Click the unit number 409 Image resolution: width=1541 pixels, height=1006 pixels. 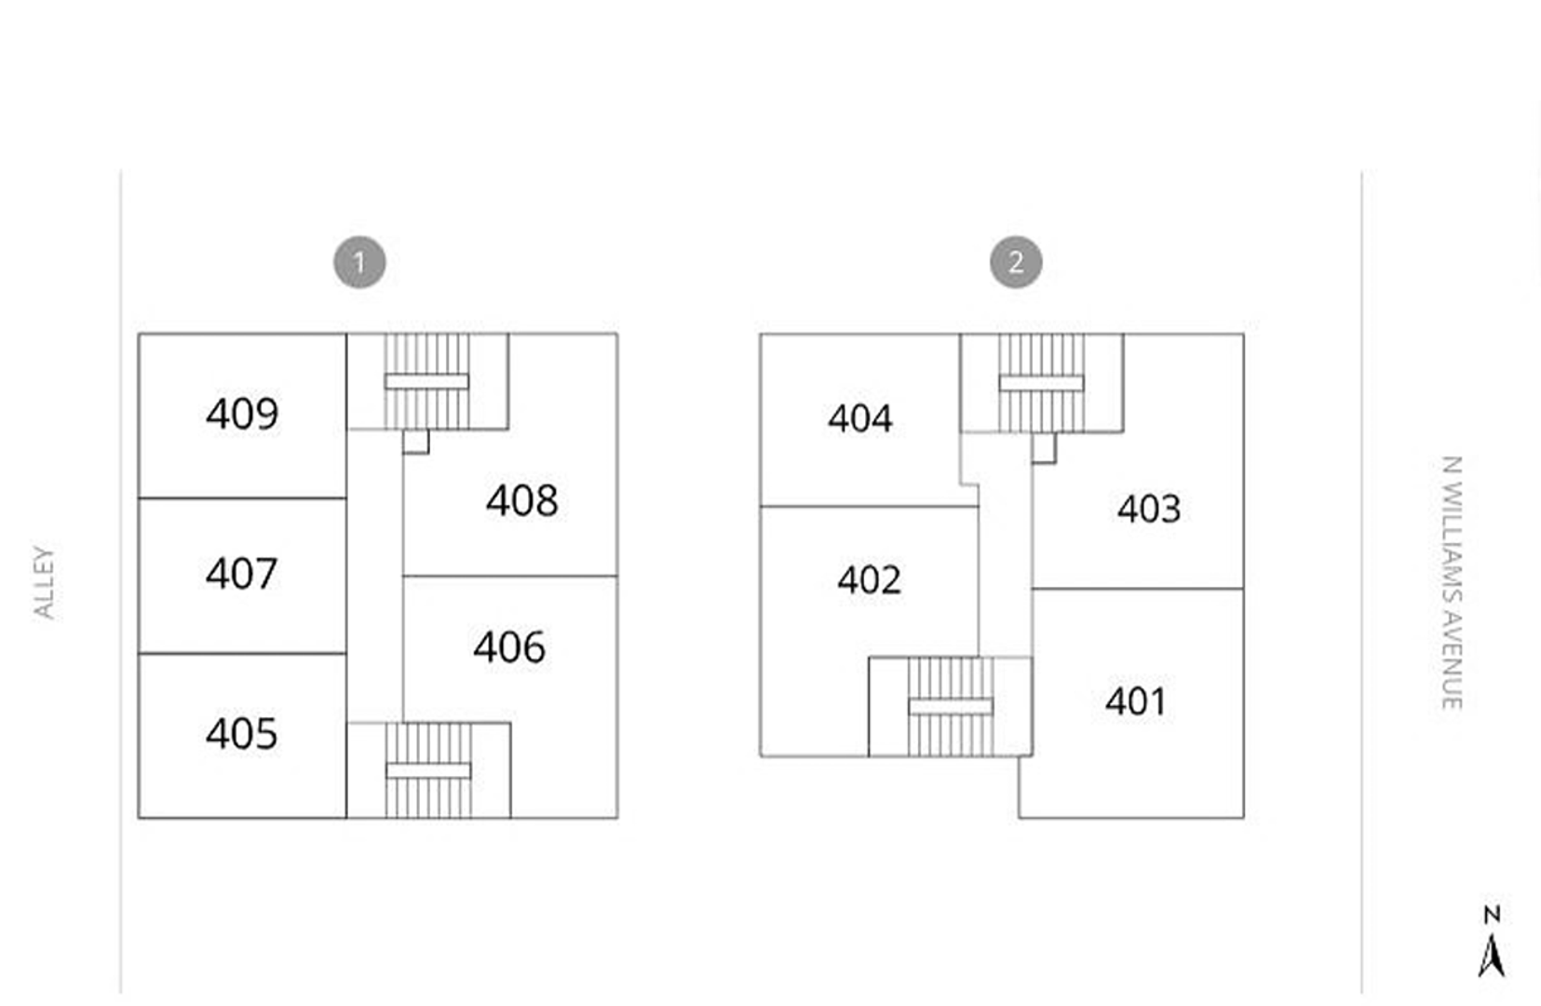[242, 414]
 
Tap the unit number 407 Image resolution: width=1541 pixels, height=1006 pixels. [241, 573]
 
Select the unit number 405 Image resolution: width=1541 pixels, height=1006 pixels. [241, 733]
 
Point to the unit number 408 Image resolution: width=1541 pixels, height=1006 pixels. [522, 500]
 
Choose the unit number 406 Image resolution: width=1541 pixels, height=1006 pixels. [509, 646]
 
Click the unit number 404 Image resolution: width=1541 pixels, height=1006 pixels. [860, 418]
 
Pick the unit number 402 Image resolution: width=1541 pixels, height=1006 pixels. [869, 579]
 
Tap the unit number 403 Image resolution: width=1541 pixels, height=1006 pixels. [1149, 510]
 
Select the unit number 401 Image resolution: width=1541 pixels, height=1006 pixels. [1136, 701]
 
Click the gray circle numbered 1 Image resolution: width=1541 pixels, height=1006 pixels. [359, 262]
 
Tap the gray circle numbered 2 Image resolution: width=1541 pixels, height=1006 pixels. [1016, 262]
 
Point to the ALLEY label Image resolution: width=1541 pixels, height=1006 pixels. [45, 583]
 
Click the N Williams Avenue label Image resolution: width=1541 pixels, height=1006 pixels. [1452, 583]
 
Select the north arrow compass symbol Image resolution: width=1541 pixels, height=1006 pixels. [1491, 942]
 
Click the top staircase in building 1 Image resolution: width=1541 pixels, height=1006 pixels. [427, 381]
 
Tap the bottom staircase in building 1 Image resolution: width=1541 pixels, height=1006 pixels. [428, 770]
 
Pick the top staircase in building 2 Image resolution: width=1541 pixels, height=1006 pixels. [1042, 383]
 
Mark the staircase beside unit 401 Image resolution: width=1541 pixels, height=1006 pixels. [951, 707]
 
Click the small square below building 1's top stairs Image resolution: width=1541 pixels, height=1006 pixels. [416, 442]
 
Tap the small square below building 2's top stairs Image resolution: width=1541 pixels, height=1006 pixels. [1044, 448]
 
